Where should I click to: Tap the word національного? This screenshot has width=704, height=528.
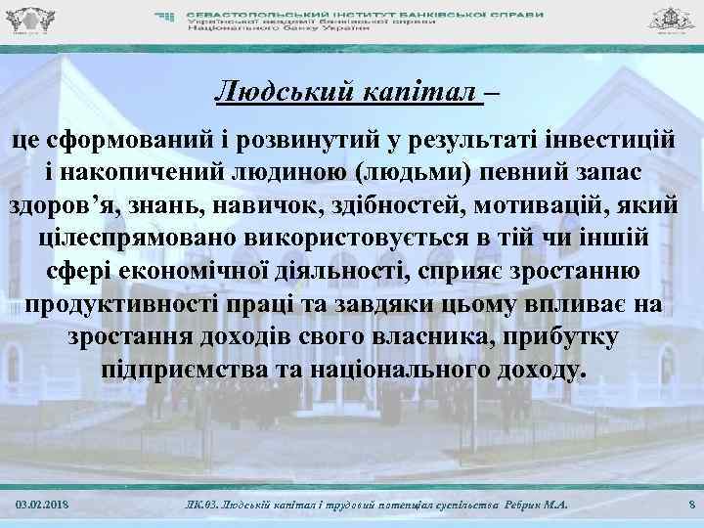point(417,372)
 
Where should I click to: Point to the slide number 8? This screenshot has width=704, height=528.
point(691,503)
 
